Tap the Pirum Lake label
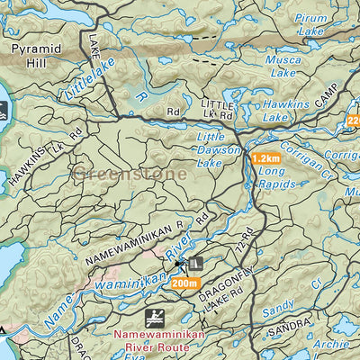(311, 23)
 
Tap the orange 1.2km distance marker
(265, 157)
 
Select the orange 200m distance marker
(184, 283)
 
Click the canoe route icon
(154, 318)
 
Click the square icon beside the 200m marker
(196, 264)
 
